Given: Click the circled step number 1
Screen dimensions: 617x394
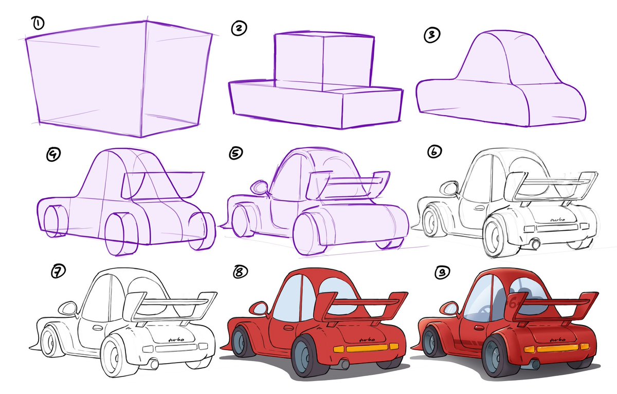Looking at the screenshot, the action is pyautogui.click(x=38, y=22).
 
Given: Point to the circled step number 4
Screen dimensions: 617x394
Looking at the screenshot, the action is pyautogui.click(x=52, y=153).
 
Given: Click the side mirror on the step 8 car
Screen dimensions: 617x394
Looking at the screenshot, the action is pyautogui.click(x=259, y=309).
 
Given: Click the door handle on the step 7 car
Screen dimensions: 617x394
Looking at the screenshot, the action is pyautogui.click(x=97, y=328).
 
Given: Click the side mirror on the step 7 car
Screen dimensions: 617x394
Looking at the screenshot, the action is pyautogui.click(x=67, y=309).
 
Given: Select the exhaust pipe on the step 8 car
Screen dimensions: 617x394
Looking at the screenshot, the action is pyautogui.click(x=343, y=365).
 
